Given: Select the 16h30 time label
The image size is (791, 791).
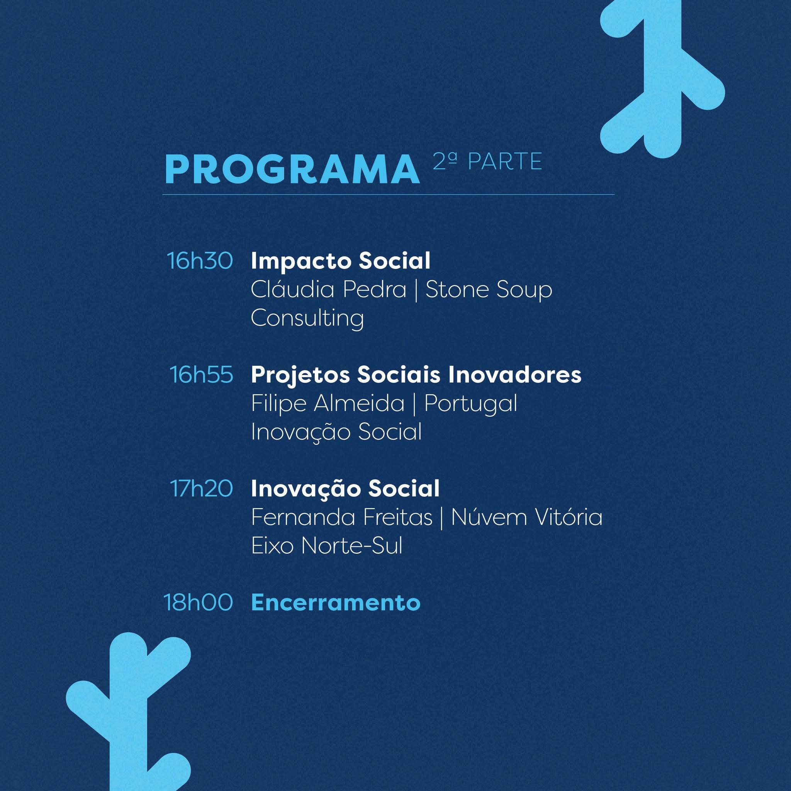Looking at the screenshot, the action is pyautogui.click(x=200, y=261).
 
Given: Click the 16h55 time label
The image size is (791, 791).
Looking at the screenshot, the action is pyautogui.click(x=202, y=375).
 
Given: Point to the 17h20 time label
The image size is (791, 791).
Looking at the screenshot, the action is pyautogui.click(x=202, y=489).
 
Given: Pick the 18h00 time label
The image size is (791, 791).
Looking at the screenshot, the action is pyautogui.click(x=199, y=602).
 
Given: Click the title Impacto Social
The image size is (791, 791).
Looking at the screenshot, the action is pyautogui.click(x=341, y=261).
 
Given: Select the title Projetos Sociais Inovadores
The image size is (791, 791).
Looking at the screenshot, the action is pyautogui.click(x=416, y=375).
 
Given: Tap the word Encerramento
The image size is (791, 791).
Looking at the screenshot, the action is pyautogui.click(x=336, y=603).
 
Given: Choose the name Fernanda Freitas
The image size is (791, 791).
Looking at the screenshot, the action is pyautogui.click(x=342, y=517).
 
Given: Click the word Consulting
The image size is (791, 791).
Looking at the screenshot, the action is pyautogui.click(x=307, y=319).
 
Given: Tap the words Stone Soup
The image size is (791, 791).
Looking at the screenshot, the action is pyautogui.click(x=489, y=290).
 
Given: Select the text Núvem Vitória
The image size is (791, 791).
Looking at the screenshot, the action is pyautogui.click(x=527, y=517).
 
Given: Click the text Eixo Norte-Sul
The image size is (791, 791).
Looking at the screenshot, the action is pyautogui.click(x=327, y=546).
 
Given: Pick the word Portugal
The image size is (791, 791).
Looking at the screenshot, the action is pyautogui.click(x=470, y=404).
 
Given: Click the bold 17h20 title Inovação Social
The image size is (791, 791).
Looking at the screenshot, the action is pyautogui.click(x=345, y=489).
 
